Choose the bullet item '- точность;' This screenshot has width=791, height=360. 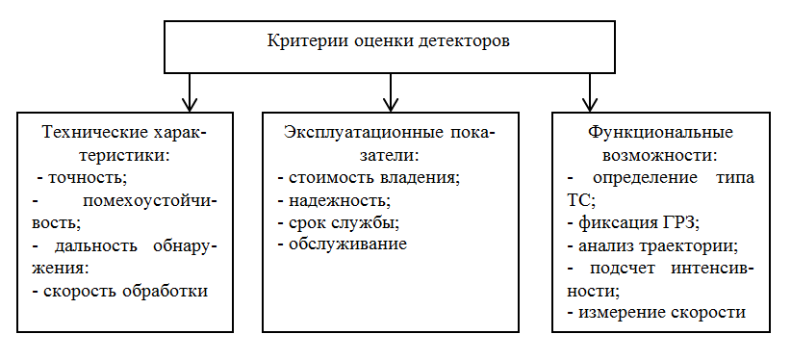coord(81,178)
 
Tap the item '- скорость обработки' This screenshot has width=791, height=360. coord(120,290)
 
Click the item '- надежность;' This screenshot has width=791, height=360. coord(333,201)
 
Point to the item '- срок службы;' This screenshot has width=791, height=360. coord(337,223)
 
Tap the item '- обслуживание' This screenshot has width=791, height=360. coord(341,245)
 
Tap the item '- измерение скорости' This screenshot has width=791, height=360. coord(656,313)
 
